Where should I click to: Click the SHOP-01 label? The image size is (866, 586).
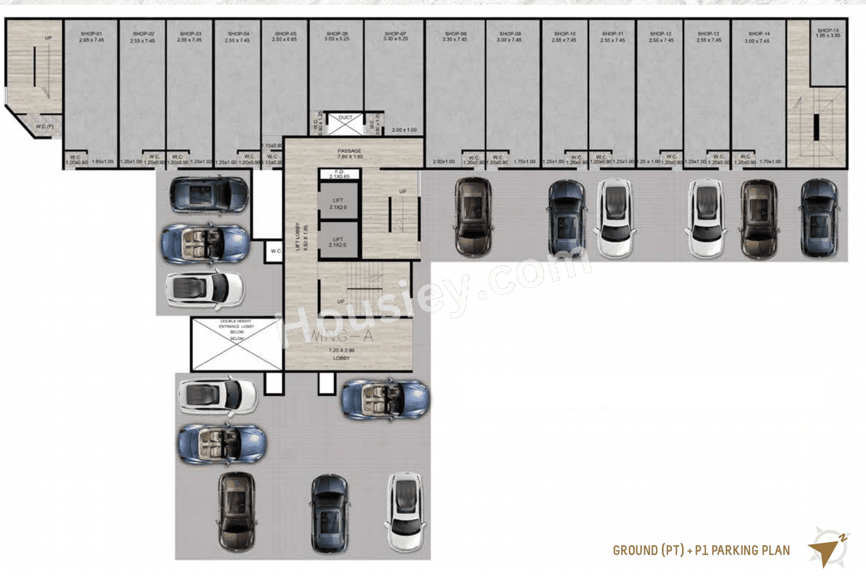91,34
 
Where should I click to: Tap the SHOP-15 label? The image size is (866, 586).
828,31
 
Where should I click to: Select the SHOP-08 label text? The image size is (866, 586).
455,34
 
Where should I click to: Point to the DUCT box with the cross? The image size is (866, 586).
345,124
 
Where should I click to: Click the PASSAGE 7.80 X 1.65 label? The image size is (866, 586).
349,154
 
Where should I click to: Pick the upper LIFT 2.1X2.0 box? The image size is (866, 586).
338,204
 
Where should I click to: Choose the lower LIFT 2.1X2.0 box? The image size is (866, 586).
338,241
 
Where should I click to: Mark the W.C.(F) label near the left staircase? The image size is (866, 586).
45,127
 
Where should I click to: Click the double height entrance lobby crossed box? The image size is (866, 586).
237,344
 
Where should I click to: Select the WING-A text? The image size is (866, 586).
341,336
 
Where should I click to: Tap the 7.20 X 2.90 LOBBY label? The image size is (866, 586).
341,354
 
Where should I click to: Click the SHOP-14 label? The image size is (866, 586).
759,34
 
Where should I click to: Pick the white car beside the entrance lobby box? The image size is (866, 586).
218,396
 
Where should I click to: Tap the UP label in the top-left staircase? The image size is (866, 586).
48,38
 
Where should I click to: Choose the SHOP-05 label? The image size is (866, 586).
285,34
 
